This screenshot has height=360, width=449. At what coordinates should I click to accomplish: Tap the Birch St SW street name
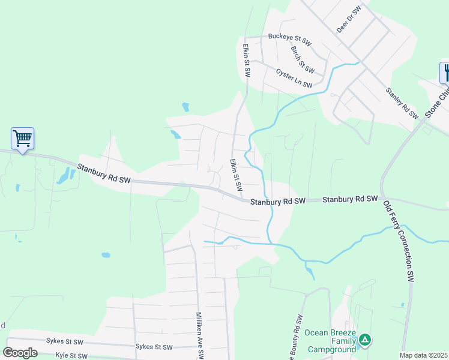point(298,57)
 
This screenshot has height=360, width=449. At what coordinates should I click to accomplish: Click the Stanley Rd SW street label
point(402,103)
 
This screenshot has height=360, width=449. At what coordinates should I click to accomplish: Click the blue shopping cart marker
point(23,139)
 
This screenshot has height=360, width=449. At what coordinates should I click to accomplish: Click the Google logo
point(20,352)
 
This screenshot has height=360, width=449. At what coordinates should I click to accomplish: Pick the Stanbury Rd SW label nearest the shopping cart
point(104,172)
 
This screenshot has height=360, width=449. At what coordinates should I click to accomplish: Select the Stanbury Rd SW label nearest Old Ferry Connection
point(350,199)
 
